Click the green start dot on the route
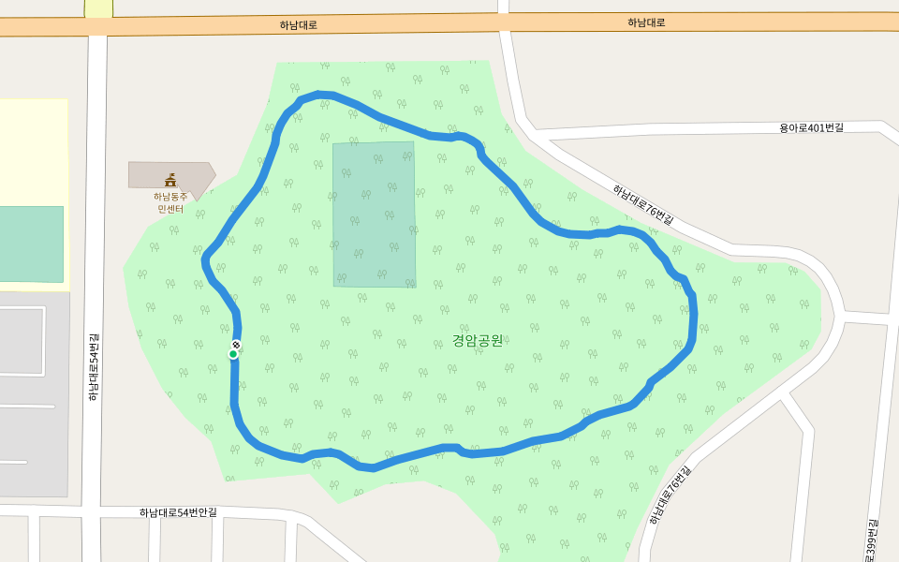pyautogui.click(x=233, y=353)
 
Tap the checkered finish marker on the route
pyautogui.click(x=236, y=345)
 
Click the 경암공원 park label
pyautogui.click(x=478, y=339)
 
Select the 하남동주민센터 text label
pyautogui.click(x=170, y=202)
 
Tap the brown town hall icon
pyautogui.click(x=170, y=180)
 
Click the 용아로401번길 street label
pyautogui.click(x=811, y=127)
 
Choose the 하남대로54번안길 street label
pyautogui.click(x=178, y=512)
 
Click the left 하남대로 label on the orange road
pyautogui.click(x=298, y=25)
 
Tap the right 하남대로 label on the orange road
pyautogui.click(x=646, y=22)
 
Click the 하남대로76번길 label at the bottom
pyautogui.click(x=669, y=495)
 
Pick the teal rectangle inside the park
pyautogui.click(x=374, y=214)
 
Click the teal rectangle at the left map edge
pyautogui.click(x=31, y=244)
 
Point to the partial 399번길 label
pyautogui.click(x=872, y=540)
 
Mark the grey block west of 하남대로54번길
pyautogui.click(x=34, y=393)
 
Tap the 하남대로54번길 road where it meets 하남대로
pyautogui.click(x=98, y=27)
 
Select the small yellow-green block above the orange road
pyautogui.click(x=98, y=7)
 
